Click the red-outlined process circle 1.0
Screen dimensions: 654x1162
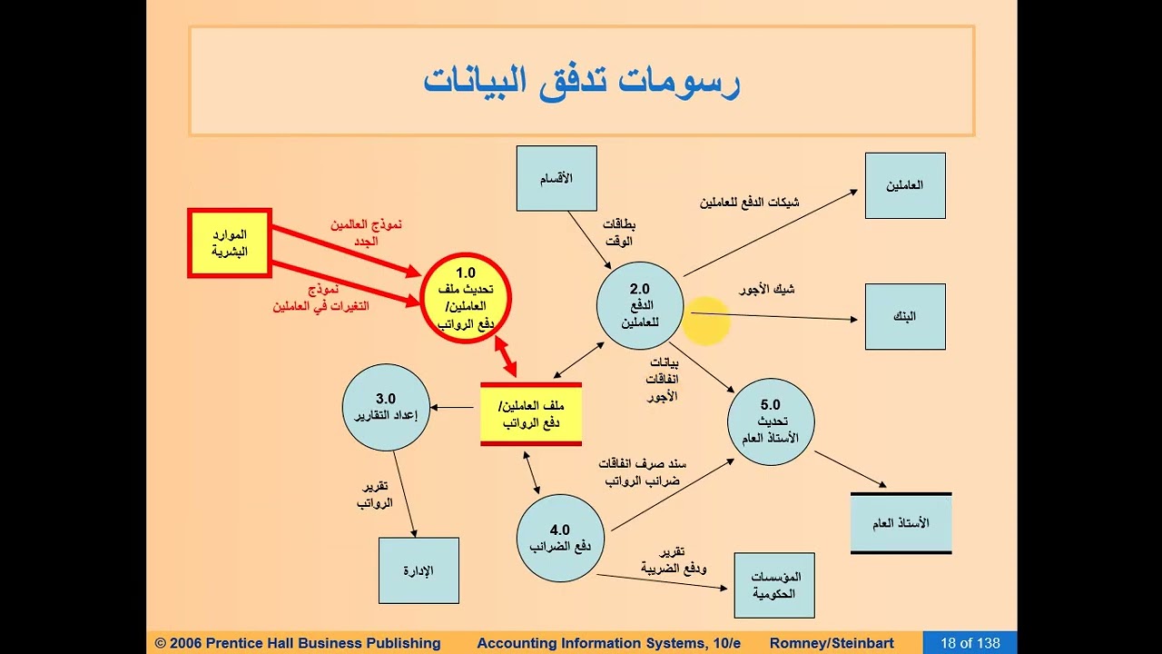[x=466, y=299]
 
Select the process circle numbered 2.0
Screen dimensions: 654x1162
[x=640, y=305]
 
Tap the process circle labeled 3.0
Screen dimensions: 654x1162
[x=386, y=407]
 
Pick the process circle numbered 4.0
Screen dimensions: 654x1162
[x=560, y=539]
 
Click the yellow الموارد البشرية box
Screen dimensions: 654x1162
[x=230, y=243]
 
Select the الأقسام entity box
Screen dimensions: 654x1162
[x=556, y=178]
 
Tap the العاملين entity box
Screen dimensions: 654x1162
[x=905, y=185]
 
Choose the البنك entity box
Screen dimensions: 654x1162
[x=905, y=316]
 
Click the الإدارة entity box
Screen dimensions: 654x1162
[x=419, y=570]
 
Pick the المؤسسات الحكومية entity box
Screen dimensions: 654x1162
[x=774, y=585]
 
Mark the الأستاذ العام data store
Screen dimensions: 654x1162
[x=901, y=523]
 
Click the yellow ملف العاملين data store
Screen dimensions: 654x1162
[x=531, y=413]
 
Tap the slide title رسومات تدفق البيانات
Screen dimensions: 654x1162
[x=581, y=81]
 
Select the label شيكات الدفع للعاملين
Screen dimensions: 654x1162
[x=749, y=202]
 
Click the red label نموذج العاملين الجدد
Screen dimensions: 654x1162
[x=365, y=232]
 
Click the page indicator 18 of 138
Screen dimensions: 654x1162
[x=970, y=643]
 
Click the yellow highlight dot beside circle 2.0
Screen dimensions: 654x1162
[x=706, y=322]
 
